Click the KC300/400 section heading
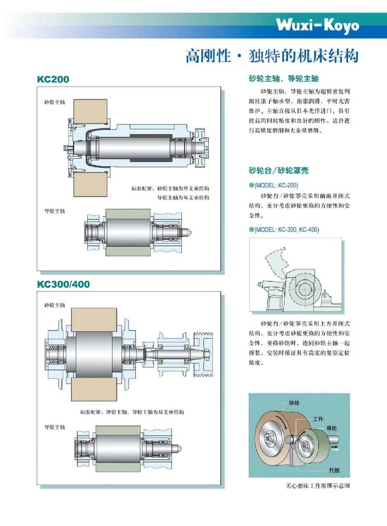click(63, 284)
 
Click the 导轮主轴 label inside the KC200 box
click(55, 211)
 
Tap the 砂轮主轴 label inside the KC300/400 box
click(55, 305)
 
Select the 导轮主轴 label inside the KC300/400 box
click(55, 427)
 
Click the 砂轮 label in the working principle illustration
click(294, 403)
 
